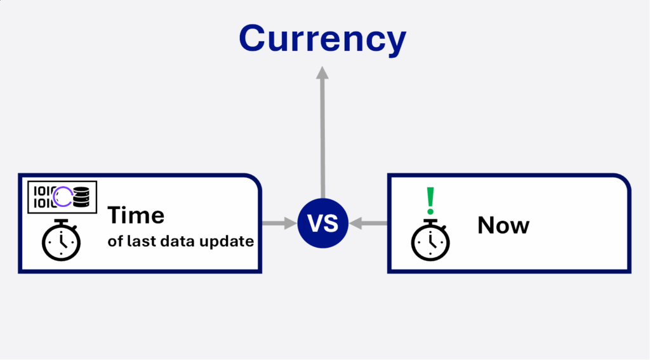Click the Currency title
click(322, 39)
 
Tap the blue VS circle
click(322, 223)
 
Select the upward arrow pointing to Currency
click(322, 132)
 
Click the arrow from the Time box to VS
click(279, 223)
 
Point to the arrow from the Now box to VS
click(368, 223)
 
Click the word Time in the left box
click(136, 215)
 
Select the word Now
click(503, 225)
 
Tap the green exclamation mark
click(431, 201)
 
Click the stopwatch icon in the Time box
click(61, 240)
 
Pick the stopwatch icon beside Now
click(430, 240)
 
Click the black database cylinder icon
click(81, 197)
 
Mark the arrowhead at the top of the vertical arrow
click(322, 72)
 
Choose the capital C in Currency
click(252, 39)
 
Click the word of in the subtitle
click(116, 241)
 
